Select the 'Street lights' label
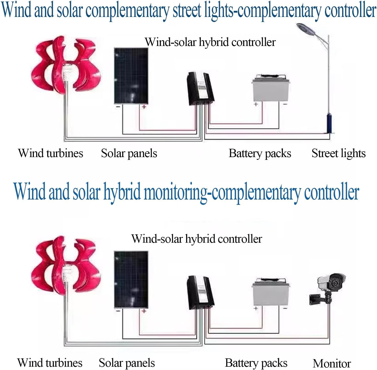click(338, 153)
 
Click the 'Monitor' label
click(332, 363)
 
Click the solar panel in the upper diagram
click(131, 76)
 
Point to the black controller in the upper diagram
click(200, 88)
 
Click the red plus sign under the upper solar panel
click(144, 107)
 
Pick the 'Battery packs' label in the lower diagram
click(256, 363)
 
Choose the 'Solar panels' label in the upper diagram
click(129, 153)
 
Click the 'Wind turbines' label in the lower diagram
click(50, 363)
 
